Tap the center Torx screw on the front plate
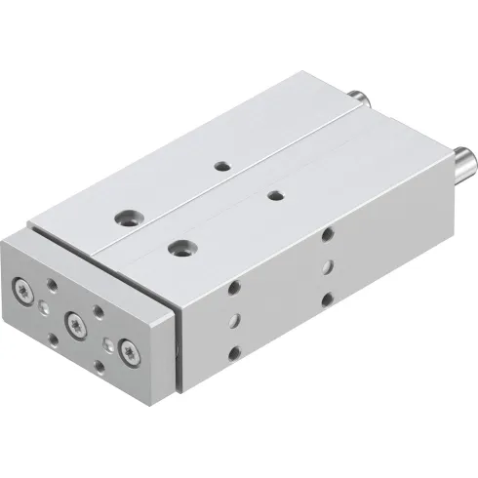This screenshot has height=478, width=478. point(72,320)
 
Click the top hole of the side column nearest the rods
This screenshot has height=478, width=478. point(327,234)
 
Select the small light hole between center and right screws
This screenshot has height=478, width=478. point(107,343)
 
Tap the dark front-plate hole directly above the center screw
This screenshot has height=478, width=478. point(97,313)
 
